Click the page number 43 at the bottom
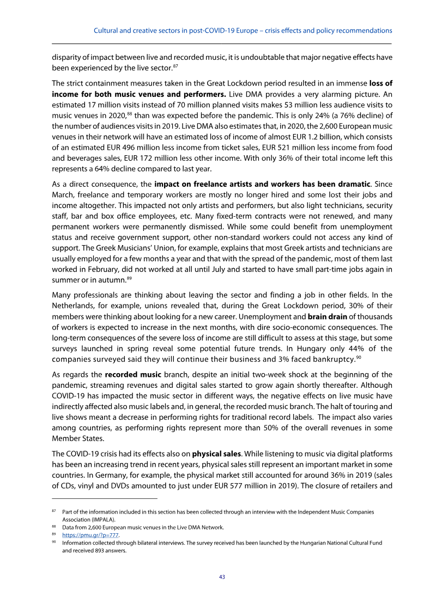pyautogui.click(x=222, y=577)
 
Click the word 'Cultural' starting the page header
pyautogui.click(x=106, y=31)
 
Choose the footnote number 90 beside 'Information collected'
pyautogui.click(x=54, y=542)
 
